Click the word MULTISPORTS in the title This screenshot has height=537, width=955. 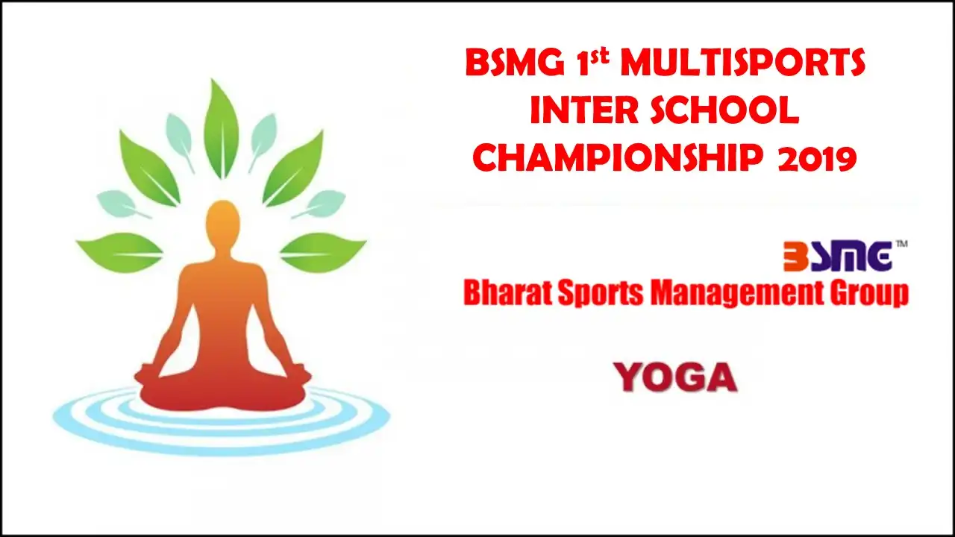742,63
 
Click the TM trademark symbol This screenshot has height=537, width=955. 902,244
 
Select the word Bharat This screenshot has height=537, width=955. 507,292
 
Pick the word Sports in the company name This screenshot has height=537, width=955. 601,293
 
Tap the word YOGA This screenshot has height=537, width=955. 675,377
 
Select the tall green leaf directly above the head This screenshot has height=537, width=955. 221,129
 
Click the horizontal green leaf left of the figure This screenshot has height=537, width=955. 119,252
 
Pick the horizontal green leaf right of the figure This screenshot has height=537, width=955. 323,252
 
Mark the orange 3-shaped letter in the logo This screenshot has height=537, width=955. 795,257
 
